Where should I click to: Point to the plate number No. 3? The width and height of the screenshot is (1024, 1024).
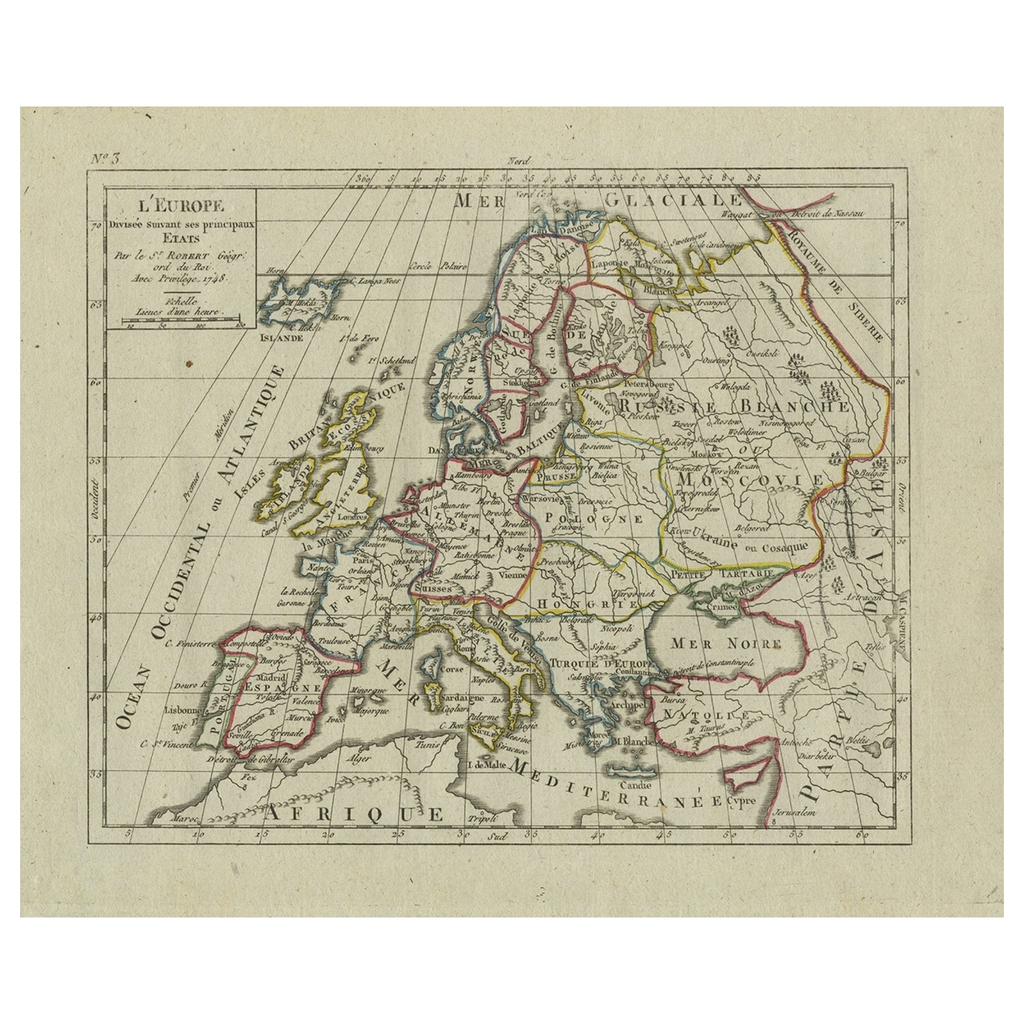tap(106, 160)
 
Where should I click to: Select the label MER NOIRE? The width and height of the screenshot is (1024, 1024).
tap(718, 644)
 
